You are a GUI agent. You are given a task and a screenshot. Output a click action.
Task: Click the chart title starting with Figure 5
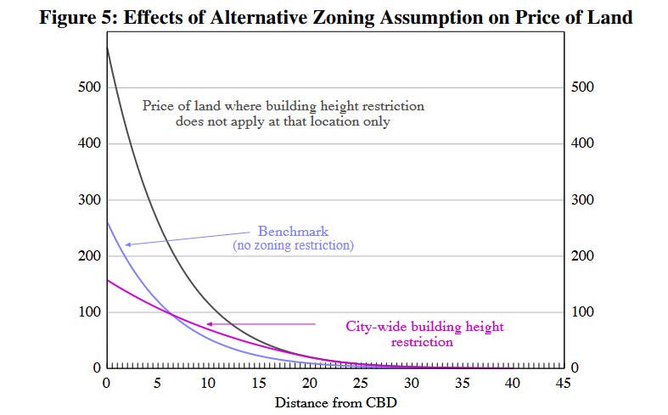(336, 18)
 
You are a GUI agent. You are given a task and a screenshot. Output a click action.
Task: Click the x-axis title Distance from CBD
(336, 402)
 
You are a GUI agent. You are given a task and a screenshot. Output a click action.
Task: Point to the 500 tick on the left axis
(89, 87)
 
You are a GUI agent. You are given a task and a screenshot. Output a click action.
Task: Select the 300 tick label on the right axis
(582, 199)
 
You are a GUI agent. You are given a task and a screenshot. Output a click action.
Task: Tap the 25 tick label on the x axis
(361, 383)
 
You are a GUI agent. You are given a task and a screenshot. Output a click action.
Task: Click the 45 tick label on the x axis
(564, 383)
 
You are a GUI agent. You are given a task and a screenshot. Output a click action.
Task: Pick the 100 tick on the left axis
(89, 312)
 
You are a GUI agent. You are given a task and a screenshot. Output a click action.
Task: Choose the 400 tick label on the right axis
(582, 143)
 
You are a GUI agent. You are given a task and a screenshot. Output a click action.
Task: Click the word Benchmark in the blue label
(293, 232)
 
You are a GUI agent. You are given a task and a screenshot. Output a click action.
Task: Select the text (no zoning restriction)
(293, 245)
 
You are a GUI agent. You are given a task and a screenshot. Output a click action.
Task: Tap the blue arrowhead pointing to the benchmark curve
(128, 244)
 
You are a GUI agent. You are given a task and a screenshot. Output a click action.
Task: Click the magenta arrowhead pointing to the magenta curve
(209, 324)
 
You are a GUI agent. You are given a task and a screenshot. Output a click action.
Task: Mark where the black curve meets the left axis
(107, 47)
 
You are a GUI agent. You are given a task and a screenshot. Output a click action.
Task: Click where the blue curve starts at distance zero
(107, 222)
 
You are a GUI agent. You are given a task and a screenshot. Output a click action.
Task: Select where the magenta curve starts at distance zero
(107, 280)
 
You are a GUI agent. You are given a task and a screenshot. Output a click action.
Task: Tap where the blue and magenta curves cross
(171, 315)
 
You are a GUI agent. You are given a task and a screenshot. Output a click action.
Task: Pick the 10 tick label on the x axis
(208, 383)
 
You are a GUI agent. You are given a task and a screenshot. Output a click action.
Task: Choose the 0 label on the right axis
(575, 367)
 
